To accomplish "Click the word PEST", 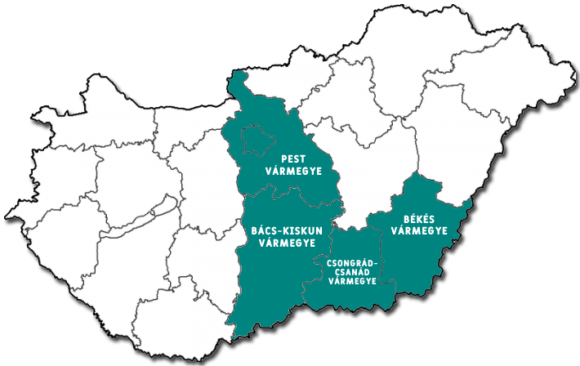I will pos(294,158).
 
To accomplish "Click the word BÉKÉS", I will pos(419,219).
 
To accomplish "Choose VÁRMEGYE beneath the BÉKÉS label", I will pos(419,231).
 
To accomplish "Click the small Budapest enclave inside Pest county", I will pos(256,139).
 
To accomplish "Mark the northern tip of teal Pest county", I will pos(239,74).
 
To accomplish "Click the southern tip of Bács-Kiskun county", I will pos(235,337).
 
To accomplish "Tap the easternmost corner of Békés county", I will pos(471,200).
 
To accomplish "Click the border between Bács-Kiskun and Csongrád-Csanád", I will pos(320,270).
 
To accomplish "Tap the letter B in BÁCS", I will pos(249,230).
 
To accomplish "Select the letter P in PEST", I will pos(283,158).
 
